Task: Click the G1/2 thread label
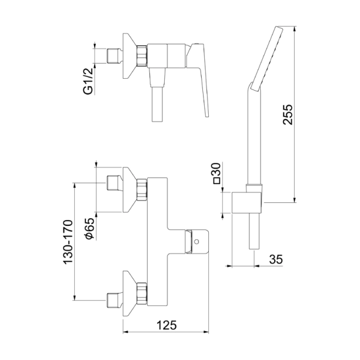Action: [x=88, y=81]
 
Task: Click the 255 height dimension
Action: [x=288, y=115]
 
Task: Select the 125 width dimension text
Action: [x=167, y=325]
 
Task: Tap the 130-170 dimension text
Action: [x=68, y=242]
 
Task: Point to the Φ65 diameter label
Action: [x=89, y=228]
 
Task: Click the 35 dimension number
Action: [x=276, y=259]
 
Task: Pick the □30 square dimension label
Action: [x=217, y=173]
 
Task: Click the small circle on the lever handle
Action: [x=196, y=242]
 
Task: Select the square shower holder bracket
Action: [x=246, y=202]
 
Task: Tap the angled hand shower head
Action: [x=266, y=59]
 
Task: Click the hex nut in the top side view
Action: [x=142, y=56]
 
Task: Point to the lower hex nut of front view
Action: [x=142, y=294]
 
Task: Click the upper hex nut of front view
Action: [x=142, y=189]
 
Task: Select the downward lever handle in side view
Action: [x=198, y=80]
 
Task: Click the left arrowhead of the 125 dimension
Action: [x=125, y=332]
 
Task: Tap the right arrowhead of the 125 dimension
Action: [x=206, y=332]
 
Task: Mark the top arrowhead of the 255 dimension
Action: [x=295, y=29]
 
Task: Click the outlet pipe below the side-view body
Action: [x=158, y=104]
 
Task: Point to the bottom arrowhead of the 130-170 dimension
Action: [x=74, y=298]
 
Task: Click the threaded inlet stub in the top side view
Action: [x=115, y=56]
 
